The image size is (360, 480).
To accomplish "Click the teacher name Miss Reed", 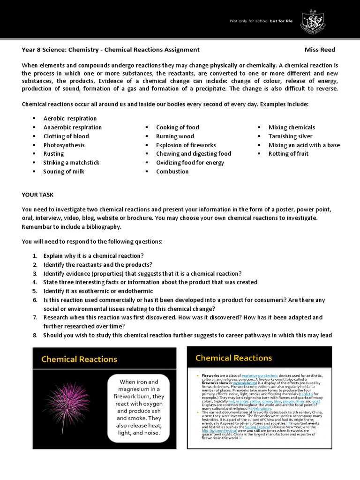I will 320,50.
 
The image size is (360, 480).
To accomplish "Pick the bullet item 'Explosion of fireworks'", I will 186,145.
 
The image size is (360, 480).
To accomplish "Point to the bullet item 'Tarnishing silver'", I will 290,136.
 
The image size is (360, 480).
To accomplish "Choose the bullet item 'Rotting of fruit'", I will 288,154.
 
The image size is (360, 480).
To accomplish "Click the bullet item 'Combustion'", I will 172,172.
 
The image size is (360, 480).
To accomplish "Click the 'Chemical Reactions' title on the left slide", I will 79,360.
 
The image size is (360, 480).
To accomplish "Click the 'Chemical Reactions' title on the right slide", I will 233,358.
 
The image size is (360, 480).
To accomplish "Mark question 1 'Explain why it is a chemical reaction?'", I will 93,255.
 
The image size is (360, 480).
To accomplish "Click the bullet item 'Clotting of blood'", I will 66,136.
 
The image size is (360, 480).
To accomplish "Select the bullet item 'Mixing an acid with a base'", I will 304,145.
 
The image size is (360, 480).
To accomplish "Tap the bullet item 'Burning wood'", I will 175,136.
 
